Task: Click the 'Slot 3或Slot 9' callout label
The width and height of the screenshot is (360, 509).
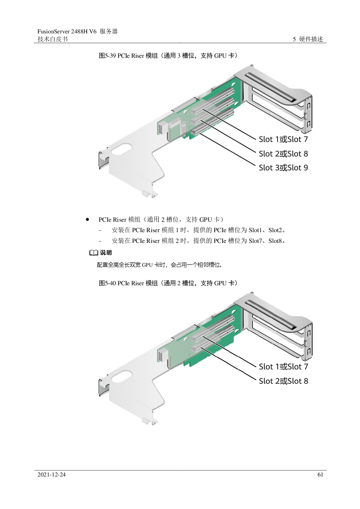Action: pyautogui.click(x=283, y=168)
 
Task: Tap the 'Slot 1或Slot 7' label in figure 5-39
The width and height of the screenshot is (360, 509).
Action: pyautogui.click(x=283, y=139)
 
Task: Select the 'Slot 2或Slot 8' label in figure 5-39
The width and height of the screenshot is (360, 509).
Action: pyautogui.click(x=283, y=154)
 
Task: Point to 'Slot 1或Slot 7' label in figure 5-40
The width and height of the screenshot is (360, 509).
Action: pyautogui.click(x=283, y=367)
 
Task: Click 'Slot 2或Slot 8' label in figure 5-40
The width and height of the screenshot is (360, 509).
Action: pyautogui.click(x=283, y=381)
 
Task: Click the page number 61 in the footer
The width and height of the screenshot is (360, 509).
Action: pyautogui.click(x=320, y=475)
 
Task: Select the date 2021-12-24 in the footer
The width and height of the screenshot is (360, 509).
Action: pyautogui.click(x=51, y=475)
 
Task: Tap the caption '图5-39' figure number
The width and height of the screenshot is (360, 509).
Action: pyautogui.click(x=107, y=56)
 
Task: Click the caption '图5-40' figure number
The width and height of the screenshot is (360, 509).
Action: pyautogui.click(x=107, y=283)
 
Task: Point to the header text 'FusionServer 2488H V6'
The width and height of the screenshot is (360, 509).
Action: pyautogui.click(x=67, y=31)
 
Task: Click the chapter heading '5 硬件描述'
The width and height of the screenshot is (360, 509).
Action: pyautogui.click(x=308, y=39)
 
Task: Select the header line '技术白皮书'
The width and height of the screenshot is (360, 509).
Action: pyautogui.click(x=53, y=39)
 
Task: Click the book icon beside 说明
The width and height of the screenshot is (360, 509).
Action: pyautogui.click(x=93, y=253)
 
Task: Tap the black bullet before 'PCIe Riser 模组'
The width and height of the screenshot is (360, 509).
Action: pyautogui.click(x=87, y=219)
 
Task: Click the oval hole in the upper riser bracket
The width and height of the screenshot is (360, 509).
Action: pyautogui.click(x=122, y=149)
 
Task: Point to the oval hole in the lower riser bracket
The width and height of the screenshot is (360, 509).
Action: pyautogui.click(x=122, y=376)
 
